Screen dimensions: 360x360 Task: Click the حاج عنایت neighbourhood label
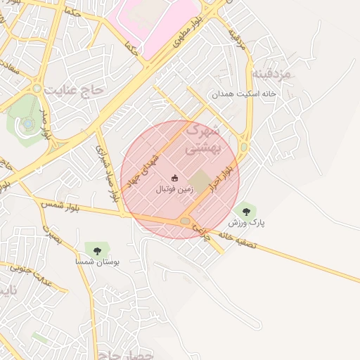pos(73,91)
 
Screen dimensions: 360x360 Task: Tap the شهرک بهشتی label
pos(202,139)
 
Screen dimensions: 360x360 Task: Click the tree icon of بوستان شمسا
pos(96,249)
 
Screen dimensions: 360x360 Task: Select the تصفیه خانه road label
pos(239,239)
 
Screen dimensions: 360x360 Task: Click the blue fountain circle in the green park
pos(27,123)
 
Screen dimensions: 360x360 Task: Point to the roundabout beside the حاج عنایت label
pos(37,89)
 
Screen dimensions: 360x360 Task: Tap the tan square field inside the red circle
pos(200,181)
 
